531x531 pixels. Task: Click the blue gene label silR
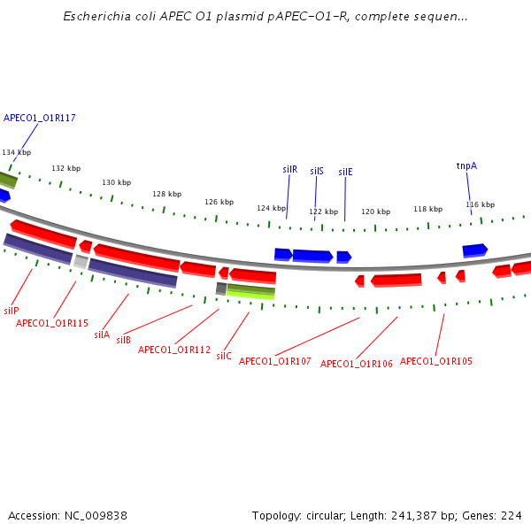tap(289, 169)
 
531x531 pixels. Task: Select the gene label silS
tap(317, 171)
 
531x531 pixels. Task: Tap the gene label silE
tap(345, 172)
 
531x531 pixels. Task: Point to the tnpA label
tap(466, 165)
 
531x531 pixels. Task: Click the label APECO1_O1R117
tap(40, 118)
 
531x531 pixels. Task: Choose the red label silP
tap(12, 311)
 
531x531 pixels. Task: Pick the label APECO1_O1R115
tap(52, 323)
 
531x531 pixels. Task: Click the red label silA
tap(102, 335)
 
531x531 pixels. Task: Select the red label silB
tap(124, 340)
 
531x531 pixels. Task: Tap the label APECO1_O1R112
tap(174, 350)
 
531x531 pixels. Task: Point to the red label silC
tap(224, 356)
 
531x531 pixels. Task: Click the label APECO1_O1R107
tap(275, 361)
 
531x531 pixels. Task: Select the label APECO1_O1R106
tap(357, 364)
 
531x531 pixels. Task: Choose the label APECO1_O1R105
tap(436, 361)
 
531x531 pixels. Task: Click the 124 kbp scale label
tap(271, 208)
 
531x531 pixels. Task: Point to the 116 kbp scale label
tap(480, 204)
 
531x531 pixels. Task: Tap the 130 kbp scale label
tap(116, 182)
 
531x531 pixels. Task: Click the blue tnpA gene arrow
tap(475, 250)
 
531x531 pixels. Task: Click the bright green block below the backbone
tap(250, 295)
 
